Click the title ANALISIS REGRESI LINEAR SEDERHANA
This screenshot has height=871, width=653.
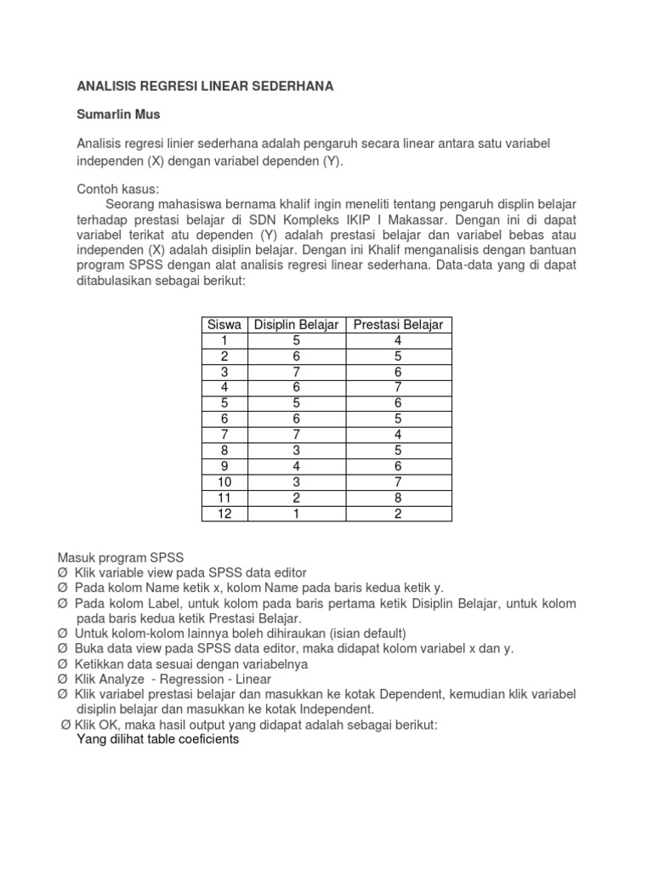click(x=205, y=86)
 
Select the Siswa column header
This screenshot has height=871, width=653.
click(x=224, y=325)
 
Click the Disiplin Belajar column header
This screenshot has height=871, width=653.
click(x=297, y=325)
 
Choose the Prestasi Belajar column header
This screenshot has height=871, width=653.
click(x=398, y=325)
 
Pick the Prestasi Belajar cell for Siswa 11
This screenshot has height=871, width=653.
click(x=398, y=497)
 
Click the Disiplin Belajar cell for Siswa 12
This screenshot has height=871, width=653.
click(x=297, y=513)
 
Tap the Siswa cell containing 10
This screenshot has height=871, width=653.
click(x=224, y=481)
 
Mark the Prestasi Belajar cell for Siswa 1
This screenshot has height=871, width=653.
click(x=398, y=340)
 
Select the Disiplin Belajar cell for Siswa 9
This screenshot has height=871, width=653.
click(x=297, y=466)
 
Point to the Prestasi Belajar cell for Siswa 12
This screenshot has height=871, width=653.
click(x=398, y=513)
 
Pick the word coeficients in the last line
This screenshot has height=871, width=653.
click(x=203, y=740)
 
